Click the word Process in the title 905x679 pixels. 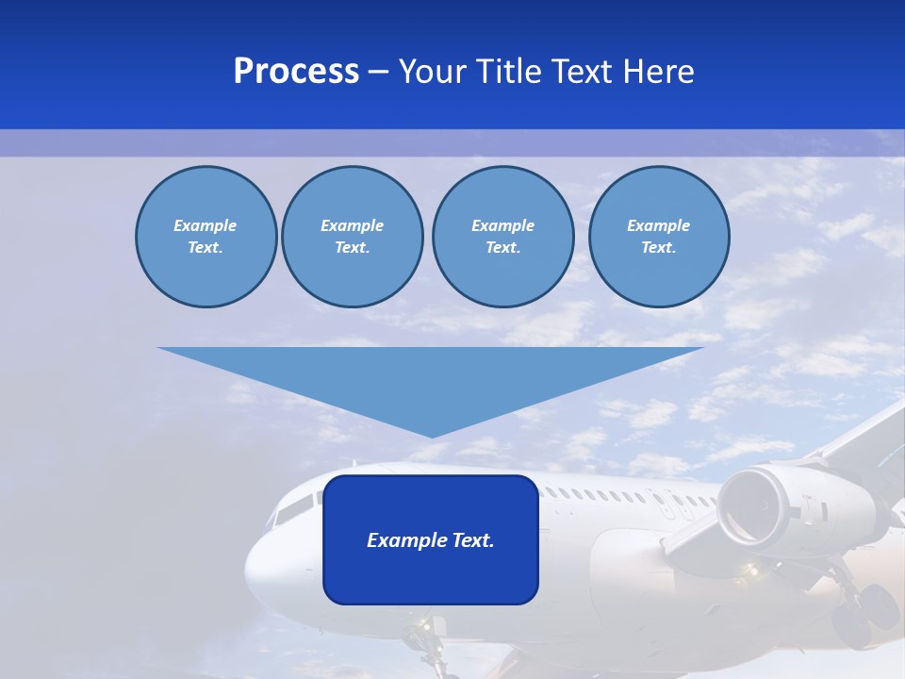[296, 72]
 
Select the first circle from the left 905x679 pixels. [206, 237]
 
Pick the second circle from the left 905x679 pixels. [352, 237]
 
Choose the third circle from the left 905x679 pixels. [502, 237]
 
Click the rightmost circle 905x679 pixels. [658, 237]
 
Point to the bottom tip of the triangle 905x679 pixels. [432, 435]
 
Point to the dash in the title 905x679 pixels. [378, 72]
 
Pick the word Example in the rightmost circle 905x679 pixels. [658, 225]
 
